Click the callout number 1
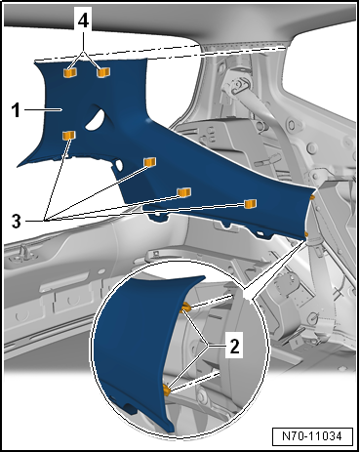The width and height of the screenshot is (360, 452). (x=16, y=110)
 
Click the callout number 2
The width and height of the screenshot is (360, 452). (x=234, y=347)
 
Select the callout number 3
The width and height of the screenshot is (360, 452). (x=17, y=222)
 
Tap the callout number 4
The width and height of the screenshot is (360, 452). (x=83, y=21)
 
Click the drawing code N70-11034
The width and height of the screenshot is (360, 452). (x=312, y=436)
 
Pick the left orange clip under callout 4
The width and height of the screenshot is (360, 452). (x=70, y=73)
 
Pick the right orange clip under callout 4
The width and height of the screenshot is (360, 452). (x=103, y=72)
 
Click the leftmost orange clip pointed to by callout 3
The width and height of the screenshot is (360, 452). (x=68, y=135)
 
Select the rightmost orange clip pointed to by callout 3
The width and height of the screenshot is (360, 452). (x=250, y=204)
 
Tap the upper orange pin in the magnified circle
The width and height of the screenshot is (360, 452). (x=185, y=308)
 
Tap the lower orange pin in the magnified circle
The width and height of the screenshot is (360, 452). (x=167, y=390)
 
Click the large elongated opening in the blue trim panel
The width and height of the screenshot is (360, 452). (x=96, y=119)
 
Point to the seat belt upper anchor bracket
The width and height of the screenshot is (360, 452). (x=235, y=84)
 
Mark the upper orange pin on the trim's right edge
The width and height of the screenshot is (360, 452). (x=312, y=197)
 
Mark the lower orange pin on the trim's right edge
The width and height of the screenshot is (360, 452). (x=306, y=234)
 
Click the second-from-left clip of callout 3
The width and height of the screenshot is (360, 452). (x=150, y=162)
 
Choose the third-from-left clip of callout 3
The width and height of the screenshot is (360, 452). (x=184, y=192)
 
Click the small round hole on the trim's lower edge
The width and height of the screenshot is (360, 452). (x=119, y=165)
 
